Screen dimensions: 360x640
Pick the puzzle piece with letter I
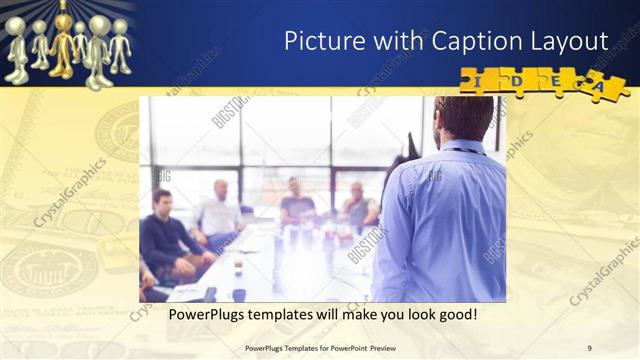coord(479,79)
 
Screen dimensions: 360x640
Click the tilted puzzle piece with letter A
coord(605,86)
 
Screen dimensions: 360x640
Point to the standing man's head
coord(463,118)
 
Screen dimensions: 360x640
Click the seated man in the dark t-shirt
coord(297,204)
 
